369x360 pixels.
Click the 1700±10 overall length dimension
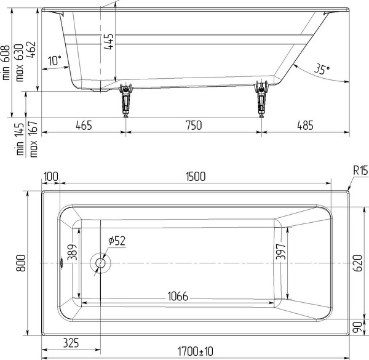[196, 351]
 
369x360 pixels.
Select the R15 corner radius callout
[360, 170]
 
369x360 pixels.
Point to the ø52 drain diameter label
[117, 241]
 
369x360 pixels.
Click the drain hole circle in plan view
[100, 263]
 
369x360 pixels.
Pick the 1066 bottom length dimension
[178, 296]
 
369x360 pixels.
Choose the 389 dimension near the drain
[72, 252]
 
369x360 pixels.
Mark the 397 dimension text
[281, 252]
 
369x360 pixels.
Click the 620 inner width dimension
[359, 263]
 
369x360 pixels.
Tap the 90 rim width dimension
[359, 327]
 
